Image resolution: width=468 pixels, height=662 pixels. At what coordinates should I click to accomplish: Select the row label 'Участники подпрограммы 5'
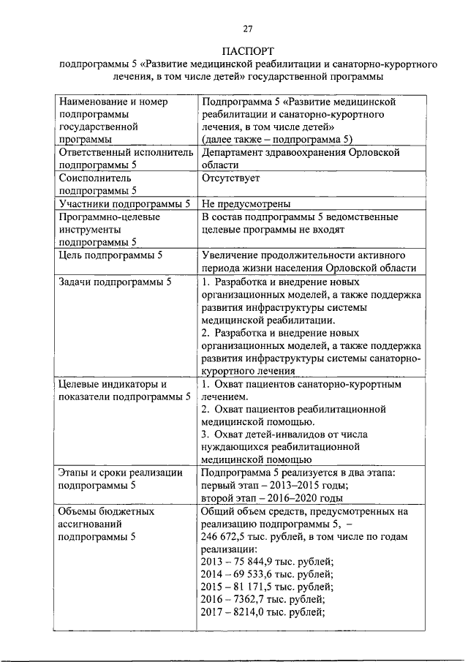tap(124, 204)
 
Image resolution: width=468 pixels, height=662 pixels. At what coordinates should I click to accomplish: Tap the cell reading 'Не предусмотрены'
tap(246, 204)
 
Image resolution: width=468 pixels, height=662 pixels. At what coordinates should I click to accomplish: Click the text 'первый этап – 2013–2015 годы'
tap(274, 486)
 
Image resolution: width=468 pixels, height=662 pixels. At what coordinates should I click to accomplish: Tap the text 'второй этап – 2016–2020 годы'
tap(274, 498)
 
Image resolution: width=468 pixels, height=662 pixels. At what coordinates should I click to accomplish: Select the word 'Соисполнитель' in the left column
tap(95, 178)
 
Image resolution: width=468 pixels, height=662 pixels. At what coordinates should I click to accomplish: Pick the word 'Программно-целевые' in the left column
tap(110, 217)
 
